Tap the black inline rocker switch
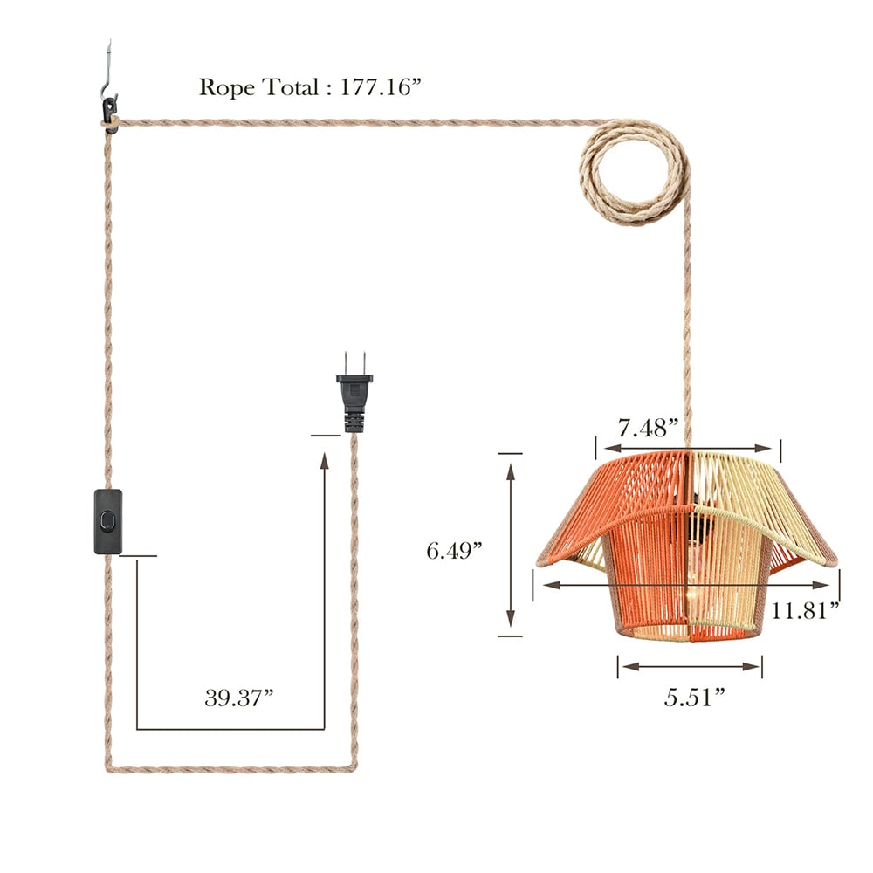(x=108, y=522)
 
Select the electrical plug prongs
(x=354, y=362)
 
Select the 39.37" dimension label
(x=239, y=698)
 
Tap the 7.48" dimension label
(x=649, y=428)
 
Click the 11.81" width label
(x=804, y=608)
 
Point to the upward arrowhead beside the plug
(x=325, y=462)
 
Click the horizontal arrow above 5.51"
(x=690, y=666)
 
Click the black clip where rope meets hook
(x=109, y=109)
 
